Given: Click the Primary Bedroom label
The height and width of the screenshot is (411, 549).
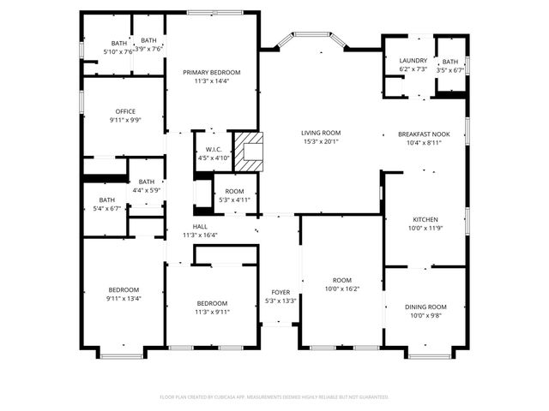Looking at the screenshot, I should point(212,77).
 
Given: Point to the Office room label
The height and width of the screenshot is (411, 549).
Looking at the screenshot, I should point(126,116).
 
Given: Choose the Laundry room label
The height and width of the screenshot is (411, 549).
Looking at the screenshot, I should point(413,64).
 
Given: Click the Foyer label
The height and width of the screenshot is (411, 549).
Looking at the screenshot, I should point(281,296).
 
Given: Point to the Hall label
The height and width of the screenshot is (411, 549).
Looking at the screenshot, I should point(200,231).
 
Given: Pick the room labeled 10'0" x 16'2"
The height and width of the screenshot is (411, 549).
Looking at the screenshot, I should point(342,285).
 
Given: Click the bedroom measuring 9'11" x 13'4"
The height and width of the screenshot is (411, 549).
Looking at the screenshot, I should point(124,294).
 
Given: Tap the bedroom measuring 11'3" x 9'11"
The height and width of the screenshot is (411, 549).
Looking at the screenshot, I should point(212,308).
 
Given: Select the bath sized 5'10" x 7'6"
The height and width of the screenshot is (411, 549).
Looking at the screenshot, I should point(118,47).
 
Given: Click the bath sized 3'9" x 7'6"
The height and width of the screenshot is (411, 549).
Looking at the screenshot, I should point(149,45).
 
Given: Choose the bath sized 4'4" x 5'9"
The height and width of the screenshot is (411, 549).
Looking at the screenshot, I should point(147,185).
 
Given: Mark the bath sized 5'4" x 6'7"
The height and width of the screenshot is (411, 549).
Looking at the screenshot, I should point(106,204).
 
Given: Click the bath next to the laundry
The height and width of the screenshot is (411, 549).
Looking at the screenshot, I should point(450,66).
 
